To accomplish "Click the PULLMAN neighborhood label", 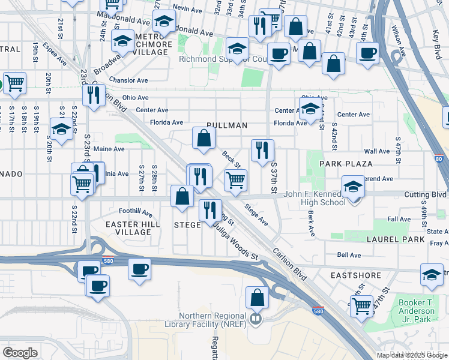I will [227, 125].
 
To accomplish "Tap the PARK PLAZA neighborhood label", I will [346, 163].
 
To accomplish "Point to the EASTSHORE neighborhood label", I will [356, 275].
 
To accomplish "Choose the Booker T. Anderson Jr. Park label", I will [417, 307].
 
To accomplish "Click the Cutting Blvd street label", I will [425, 194].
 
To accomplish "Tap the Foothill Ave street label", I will [136, 212].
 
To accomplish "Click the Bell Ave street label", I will [348, 255].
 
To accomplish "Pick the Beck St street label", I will [231, 159].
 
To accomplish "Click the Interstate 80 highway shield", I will [440, 160].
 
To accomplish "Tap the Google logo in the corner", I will [20, 352].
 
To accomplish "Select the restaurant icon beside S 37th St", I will [262, 151].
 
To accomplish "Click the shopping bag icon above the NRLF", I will [257, 298].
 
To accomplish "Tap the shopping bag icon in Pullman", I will [204, 139].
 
